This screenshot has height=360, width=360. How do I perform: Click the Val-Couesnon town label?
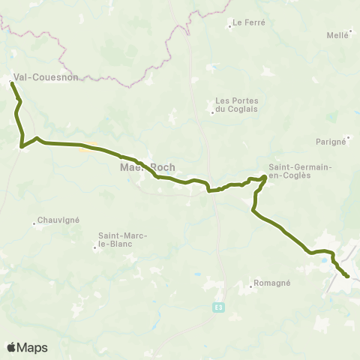45,76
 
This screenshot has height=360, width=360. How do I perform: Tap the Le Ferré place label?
248,22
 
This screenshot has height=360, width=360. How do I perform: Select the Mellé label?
338,35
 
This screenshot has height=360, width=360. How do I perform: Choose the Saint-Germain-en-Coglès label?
300,171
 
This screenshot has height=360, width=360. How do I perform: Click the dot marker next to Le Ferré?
230,27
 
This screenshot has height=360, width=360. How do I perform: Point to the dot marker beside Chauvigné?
34,223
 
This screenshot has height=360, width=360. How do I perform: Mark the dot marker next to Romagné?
250,285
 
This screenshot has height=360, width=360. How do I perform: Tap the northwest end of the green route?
11,84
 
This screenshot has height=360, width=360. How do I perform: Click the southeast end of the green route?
348,277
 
